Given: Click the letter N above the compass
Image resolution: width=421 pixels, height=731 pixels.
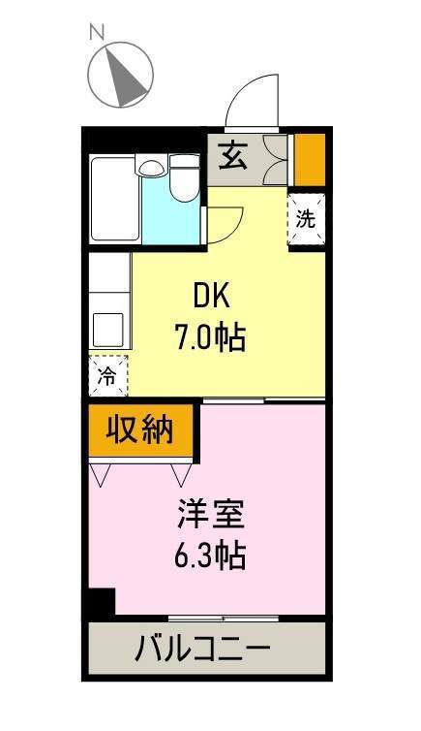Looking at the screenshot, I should tap(97, 32).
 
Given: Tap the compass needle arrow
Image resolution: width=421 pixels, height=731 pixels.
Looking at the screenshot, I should tap(124, 75).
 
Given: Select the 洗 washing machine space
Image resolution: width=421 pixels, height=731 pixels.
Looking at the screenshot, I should tap(305, 218).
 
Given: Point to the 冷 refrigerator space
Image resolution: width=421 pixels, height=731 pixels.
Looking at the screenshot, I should tap(107, 376).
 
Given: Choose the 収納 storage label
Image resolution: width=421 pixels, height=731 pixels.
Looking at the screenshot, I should tap(140, 428).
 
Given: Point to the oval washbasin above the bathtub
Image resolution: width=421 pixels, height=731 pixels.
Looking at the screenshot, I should tap(151, 167).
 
